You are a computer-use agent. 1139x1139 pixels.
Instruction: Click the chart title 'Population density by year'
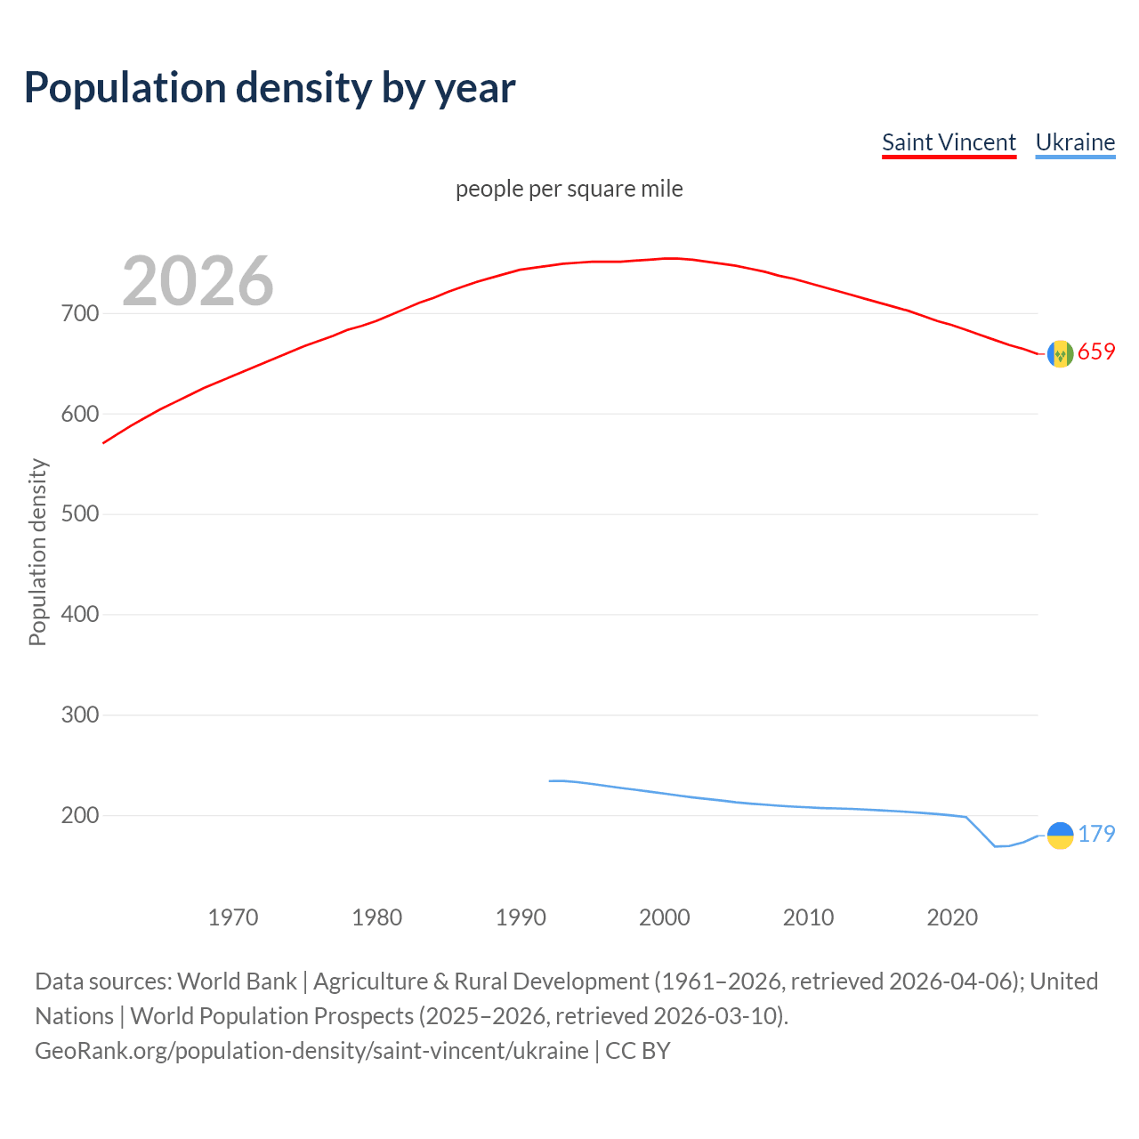pyautogui.click(x=270, y=87)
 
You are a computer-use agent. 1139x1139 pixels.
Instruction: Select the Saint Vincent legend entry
pyautogui.click(x=949, y=142)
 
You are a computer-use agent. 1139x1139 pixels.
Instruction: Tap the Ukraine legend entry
pyautogui.click(x=1075, y=142)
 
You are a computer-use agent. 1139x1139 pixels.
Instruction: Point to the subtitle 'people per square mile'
pyautogui.click(x=569, y=189)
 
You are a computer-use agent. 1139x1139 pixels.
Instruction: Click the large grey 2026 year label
pyautogui.click(x=198, y=281)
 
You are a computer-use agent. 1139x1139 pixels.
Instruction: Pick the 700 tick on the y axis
pyautogui.click(x=80, y=314)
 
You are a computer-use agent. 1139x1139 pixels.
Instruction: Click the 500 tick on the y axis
pyautogui.click(x=80, y=514)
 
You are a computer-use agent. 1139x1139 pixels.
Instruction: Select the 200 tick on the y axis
pyautogui.click(x=80, y=815)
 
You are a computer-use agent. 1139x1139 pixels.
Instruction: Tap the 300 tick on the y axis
pyautogui.click(x=80, y=715)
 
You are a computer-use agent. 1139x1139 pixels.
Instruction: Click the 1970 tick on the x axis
pyautogui.click(x=233, y=917)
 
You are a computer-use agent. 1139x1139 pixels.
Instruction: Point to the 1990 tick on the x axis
pyautogui.click(x=521, y=917)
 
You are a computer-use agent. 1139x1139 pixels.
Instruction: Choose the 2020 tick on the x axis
pyautogui.click(x=952, y=917)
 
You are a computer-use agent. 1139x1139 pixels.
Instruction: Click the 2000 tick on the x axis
pyautogui.click(x=665, y=917)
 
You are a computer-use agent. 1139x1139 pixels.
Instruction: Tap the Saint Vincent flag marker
pyautogui.click(x=1060, y=354)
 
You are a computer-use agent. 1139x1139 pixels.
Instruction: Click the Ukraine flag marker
pyautogui.click(x=1060, y=836)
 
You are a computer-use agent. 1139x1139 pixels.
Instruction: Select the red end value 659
pyautogui.click(x=1096, y=352)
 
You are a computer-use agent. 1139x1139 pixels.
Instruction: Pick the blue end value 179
pyautogui.click(x=1096, y=834)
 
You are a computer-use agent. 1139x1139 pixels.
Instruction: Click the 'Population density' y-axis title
pyautogui.click(x=37, y=552)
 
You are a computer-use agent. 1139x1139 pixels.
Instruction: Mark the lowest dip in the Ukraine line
pyautogui.click(x=996, y=846)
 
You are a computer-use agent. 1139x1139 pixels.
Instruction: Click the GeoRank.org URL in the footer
pyautogui.click(x=311, y=1051)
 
